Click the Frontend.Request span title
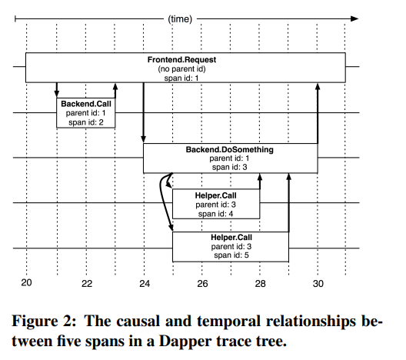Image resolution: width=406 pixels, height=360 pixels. [x=181, y=60]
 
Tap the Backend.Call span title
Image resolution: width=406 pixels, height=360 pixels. [x=86, y=104]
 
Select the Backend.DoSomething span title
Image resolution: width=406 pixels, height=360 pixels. [x=230, y=150]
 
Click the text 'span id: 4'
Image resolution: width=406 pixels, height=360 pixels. [x=215, y=214]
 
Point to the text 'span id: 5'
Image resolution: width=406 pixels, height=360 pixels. [x=231, y=255]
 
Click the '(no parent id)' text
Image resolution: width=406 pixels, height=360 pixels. [x=181, y=69]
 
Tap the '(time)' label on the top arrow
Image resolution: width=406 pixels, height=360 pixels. [x=180, y=19]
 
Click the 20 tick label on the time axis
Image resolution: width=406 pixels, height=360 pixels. [x=26, y=282]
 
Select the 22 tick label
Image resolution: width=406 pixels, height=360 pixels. [x=87, y=284]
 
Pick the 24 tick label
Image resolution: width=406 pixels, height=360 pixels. [x=145, y=284]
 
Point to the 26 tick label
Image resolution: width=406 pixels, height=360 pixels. [x=202, y=284]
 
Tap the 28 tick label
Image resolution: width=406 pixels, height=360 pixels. [x=260, y=284]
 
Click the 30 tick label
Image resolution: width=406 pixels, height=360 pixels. [x=318, y=284]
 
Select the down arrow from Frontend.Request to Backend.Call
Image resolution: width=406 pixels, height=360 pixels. [x=57, y=90]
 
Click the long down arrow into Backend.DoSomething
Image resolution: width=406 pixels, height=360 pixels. [x=144, y=113]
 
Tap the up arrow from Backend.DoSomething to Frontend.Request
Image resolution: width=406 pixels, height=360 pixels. [x=318, y=113]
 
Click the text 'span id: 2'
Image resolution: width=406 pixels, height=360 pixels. [x=86, y=122]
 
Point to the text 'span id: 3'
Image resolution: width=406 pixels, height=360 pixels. [x=230, y=168]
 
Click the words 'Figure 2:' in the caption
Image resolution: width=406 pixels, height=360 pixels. [x=44, y=321]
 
